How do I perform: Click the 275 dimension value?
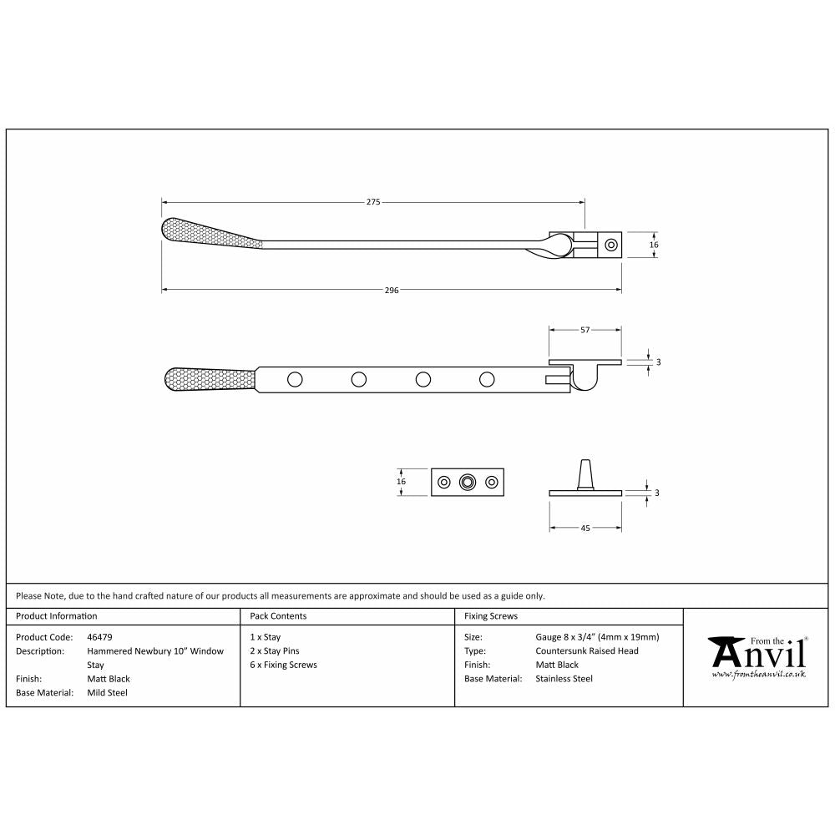[x=373, y=202]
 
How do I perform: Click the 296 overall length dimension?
[x=392, y=291]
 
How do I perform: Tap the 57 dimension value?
[x=585, y=330]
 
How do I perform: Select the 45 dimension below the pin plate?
[x=585, y=529]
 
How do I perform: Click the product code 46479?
[x=99, y=637]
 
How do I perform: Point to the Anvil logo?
[x=758, y=657]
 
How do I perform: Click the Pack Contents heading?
[x=279, y=616]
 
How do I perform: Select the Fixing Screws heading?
[x=491, y=616]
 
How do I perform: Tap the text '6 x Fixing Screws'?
[x=283, y=665]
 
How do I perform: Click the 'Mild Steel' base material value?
[x=107, y=692]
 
